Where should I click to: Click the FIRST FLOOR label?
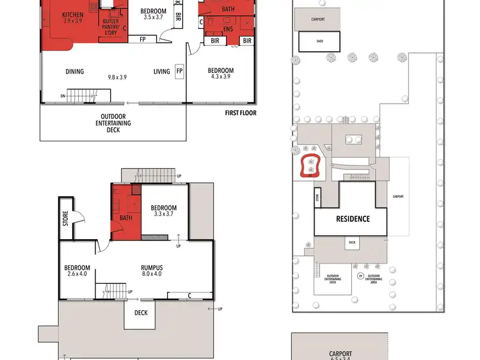[x=241, y=113]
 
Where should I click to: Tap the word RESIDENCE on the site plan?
[x=353, y=219]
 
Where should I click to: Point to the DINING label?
[x=75, y=72]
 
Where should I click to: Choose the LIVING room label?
[x=161, y=72]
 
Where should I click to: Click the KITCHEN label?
[x=72, y=15]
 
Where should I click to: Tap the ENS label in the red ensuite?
[x=228, y=29]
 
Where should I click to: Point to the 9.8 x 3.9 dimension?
[x=117, y=77]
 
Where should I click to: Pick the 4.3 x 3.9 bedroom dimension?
[x=221, y=77]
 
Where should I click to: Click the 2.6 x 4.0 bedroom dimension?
[x=77, y=275]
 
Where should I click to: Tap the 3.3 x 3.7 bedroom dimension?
[x=164, y=214]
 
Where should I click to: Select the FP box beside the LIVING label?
[x=179, y=71]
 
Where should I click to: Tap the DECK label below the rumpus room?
[x=141, y=313]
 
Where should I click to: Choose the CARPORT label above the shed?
[x=318, y=19]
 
